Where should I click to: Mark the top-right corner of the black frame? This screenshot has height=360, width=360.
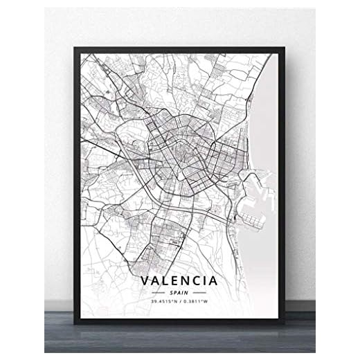point(285,47)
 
